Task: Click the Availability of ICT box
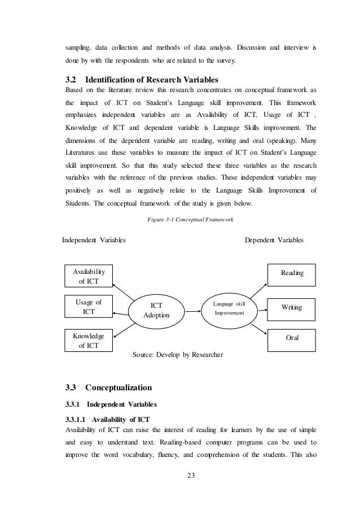point(89,277)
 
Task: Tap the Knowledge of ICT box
point(89,340)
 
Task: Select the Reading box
point(292,273)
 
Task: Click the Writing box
point(291,307)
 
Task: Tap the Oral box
point(292,338)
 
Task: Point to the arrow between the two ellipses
point(190,310)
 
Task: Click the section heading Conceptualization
point(118,387)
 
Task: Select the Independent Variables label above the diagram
point(94,239)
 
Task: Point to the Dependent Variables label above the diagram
point(274,239)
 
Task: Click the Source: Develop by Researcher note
point(178,355)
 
